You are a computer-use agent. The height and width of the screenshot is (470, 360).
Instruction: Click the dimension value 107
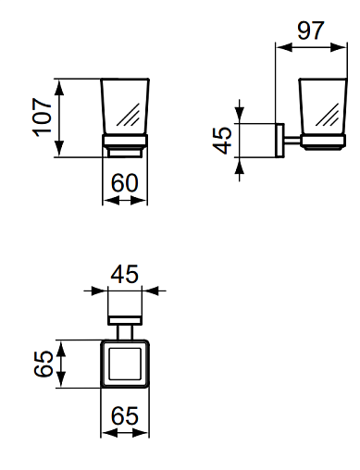click(x=42, y=117)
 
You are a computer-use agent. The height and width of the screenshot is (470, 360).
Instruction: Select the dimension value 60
click(x=124, y=183)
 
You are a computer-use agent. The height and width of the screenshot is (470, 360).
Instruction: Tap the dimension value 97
click(x=311, y=31)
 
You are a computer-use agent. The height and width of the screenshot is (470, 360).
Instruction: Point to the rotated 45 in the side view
click(x=222, y=141)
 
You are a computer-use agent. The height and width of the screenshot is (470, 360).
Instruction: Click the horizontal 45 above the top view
click(x=125, y=274)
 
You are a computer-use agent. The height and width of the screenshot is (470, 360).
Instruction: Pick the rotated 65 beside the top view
click(x=43, y=364)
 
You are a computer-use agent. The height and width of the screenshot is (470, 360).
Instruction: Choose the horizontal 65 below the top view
click(x=125, y=415)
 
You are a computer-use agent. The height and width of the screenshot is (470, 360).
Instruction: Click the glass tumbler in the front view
click(x=125, y=106)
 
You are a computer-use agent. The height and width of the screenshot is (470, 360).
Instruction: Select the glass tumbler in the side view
click(x=323, y=107)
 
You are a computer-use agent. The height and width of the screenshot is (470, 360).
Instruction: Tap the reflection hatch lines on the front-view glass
click(x=129, y=115)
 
